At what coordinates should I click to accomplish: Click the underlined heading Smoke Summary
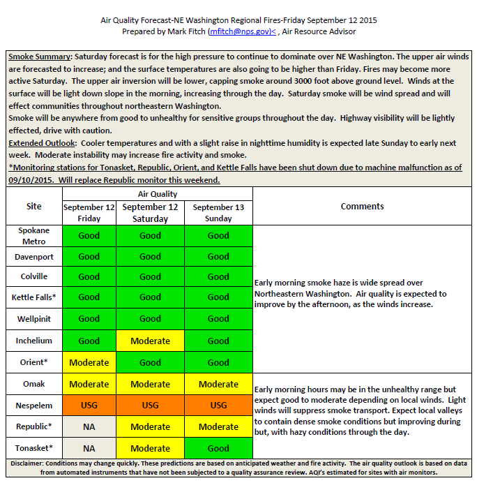(x=39, y=56)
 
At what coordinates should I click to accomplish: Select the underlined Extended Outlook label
(x=38, y=143)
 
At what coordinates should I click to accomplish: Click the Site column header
(x=34, y=206)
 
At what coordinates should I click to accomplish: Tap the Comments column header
(x=362, y=206)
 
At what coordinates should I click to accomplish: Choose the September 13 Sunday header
(x=218, y=212)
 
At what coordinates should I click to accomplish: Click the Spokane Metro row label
(x=34, y=236)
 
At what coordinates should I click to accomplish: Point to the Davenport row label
(x=34, y=257)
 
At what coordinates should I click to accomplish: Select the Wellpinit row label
(x=34, y=319)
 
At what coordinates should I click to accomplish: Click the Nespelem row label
(x=34, y=406)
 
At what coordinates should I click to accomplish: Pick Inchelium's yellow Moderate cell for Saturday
(x=150, y=341)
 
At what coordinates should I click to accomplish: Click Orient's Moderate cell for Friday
(x=89, y=363)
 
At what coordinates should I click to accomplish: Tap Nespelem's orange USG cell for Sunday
(x=218, y=406)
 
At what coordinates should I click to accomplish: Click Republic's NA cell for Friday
(x=89, y=427)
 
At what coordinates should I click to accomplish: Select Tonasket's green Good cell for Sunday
(x=218, y=449)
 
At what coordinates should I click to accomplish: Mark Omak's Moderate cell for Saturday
(x=150, y=385)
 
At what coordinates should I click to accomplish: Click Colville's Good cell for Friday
(x=89, y=277)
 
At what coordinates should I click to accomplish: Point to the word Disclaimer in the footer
(x=30, y=463)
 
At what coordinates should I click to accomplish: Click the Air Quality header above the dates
(x=158, y=194)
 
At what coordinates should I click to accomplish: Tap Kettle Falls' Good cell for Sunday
(x=218, y=297)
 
